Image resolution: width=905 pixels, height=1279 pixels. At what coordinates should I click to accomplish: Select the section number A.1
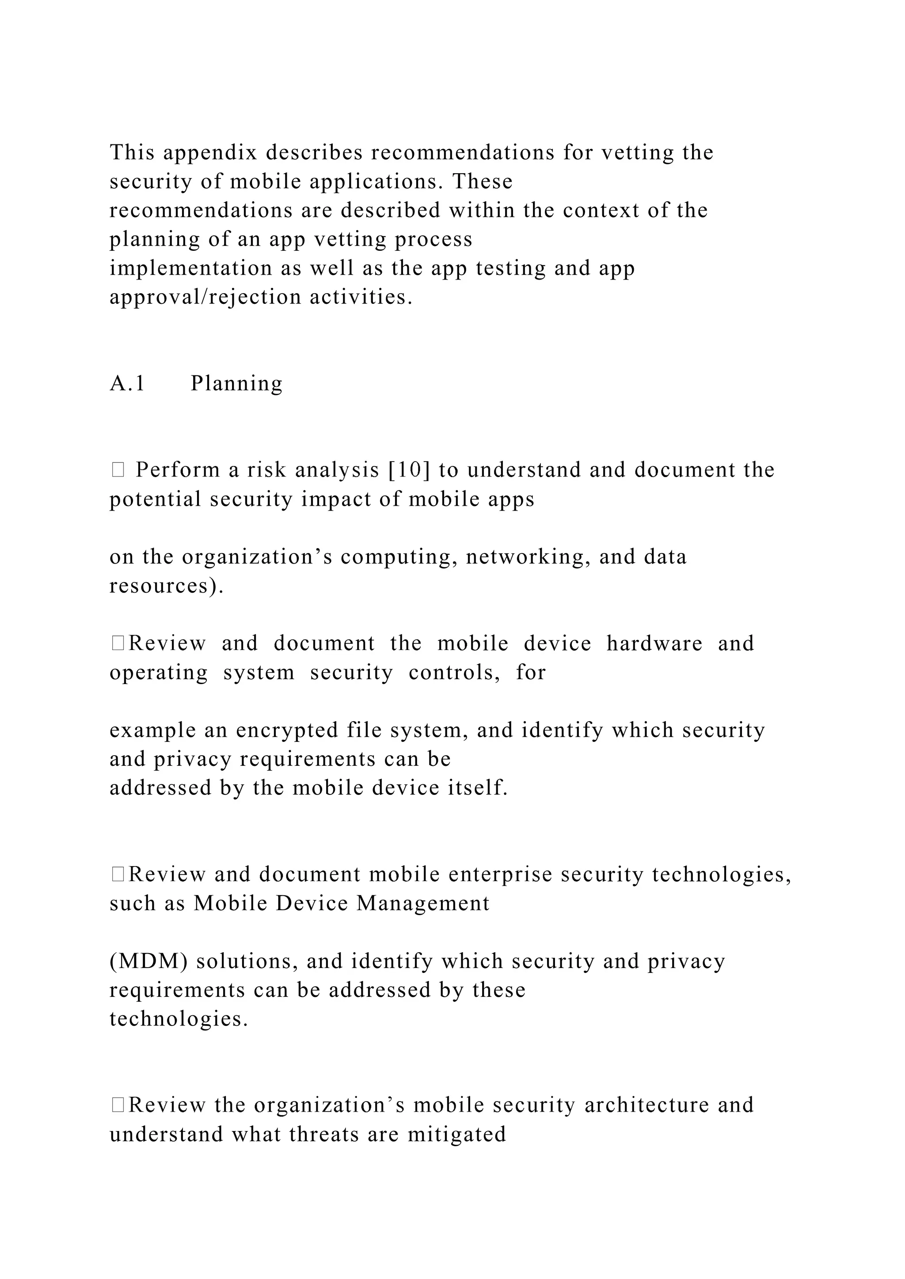point(127,384)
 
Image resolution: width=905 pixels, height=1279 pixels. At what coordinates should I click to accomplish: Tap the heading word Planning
point(236,384)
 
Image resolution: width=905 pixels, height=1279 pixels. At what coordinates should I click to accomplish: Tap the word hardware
point(654,643)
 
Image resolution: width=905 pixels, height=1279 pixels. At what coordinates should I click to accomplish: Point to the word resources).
point(166,586)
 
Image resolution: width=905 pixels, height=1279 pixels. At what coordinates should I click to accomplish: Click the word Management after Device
point(423,904)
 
